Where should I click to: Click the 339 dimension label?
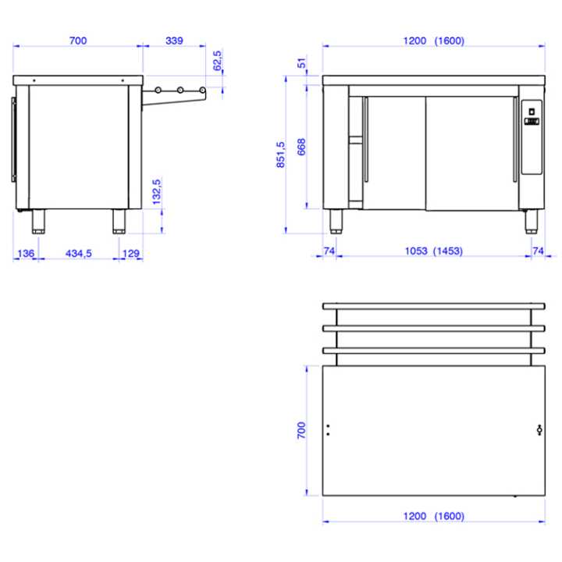coord(173,41)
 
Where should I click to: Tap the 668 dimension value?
coord(301,147)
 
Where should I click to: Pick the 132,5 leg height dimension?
coord(157,192)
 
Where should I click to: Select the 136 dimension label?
coord(25,253)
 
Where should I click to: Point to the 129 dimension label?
coord(131,253)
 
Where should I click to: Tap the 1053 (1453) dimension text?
coord(434,251)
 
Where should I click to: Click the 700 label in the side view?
coord(77,41)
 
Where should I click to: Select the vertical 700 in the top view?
coord(301,431)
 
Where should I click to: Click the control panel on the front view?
coord(531,137)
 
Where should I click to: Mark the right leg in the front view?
coord(532,222)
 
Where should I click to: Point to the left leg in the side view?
coord(37,222)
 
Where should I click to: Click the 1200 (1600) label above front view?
coord(434,41)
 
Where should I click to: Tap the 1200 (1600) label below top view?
coord(434,516)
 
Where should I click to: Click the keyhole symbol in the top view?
coord(539,429)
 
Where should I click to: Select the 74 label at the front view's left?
coord(329,251)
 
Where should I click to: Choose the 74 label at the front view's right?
coord(538,251)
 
